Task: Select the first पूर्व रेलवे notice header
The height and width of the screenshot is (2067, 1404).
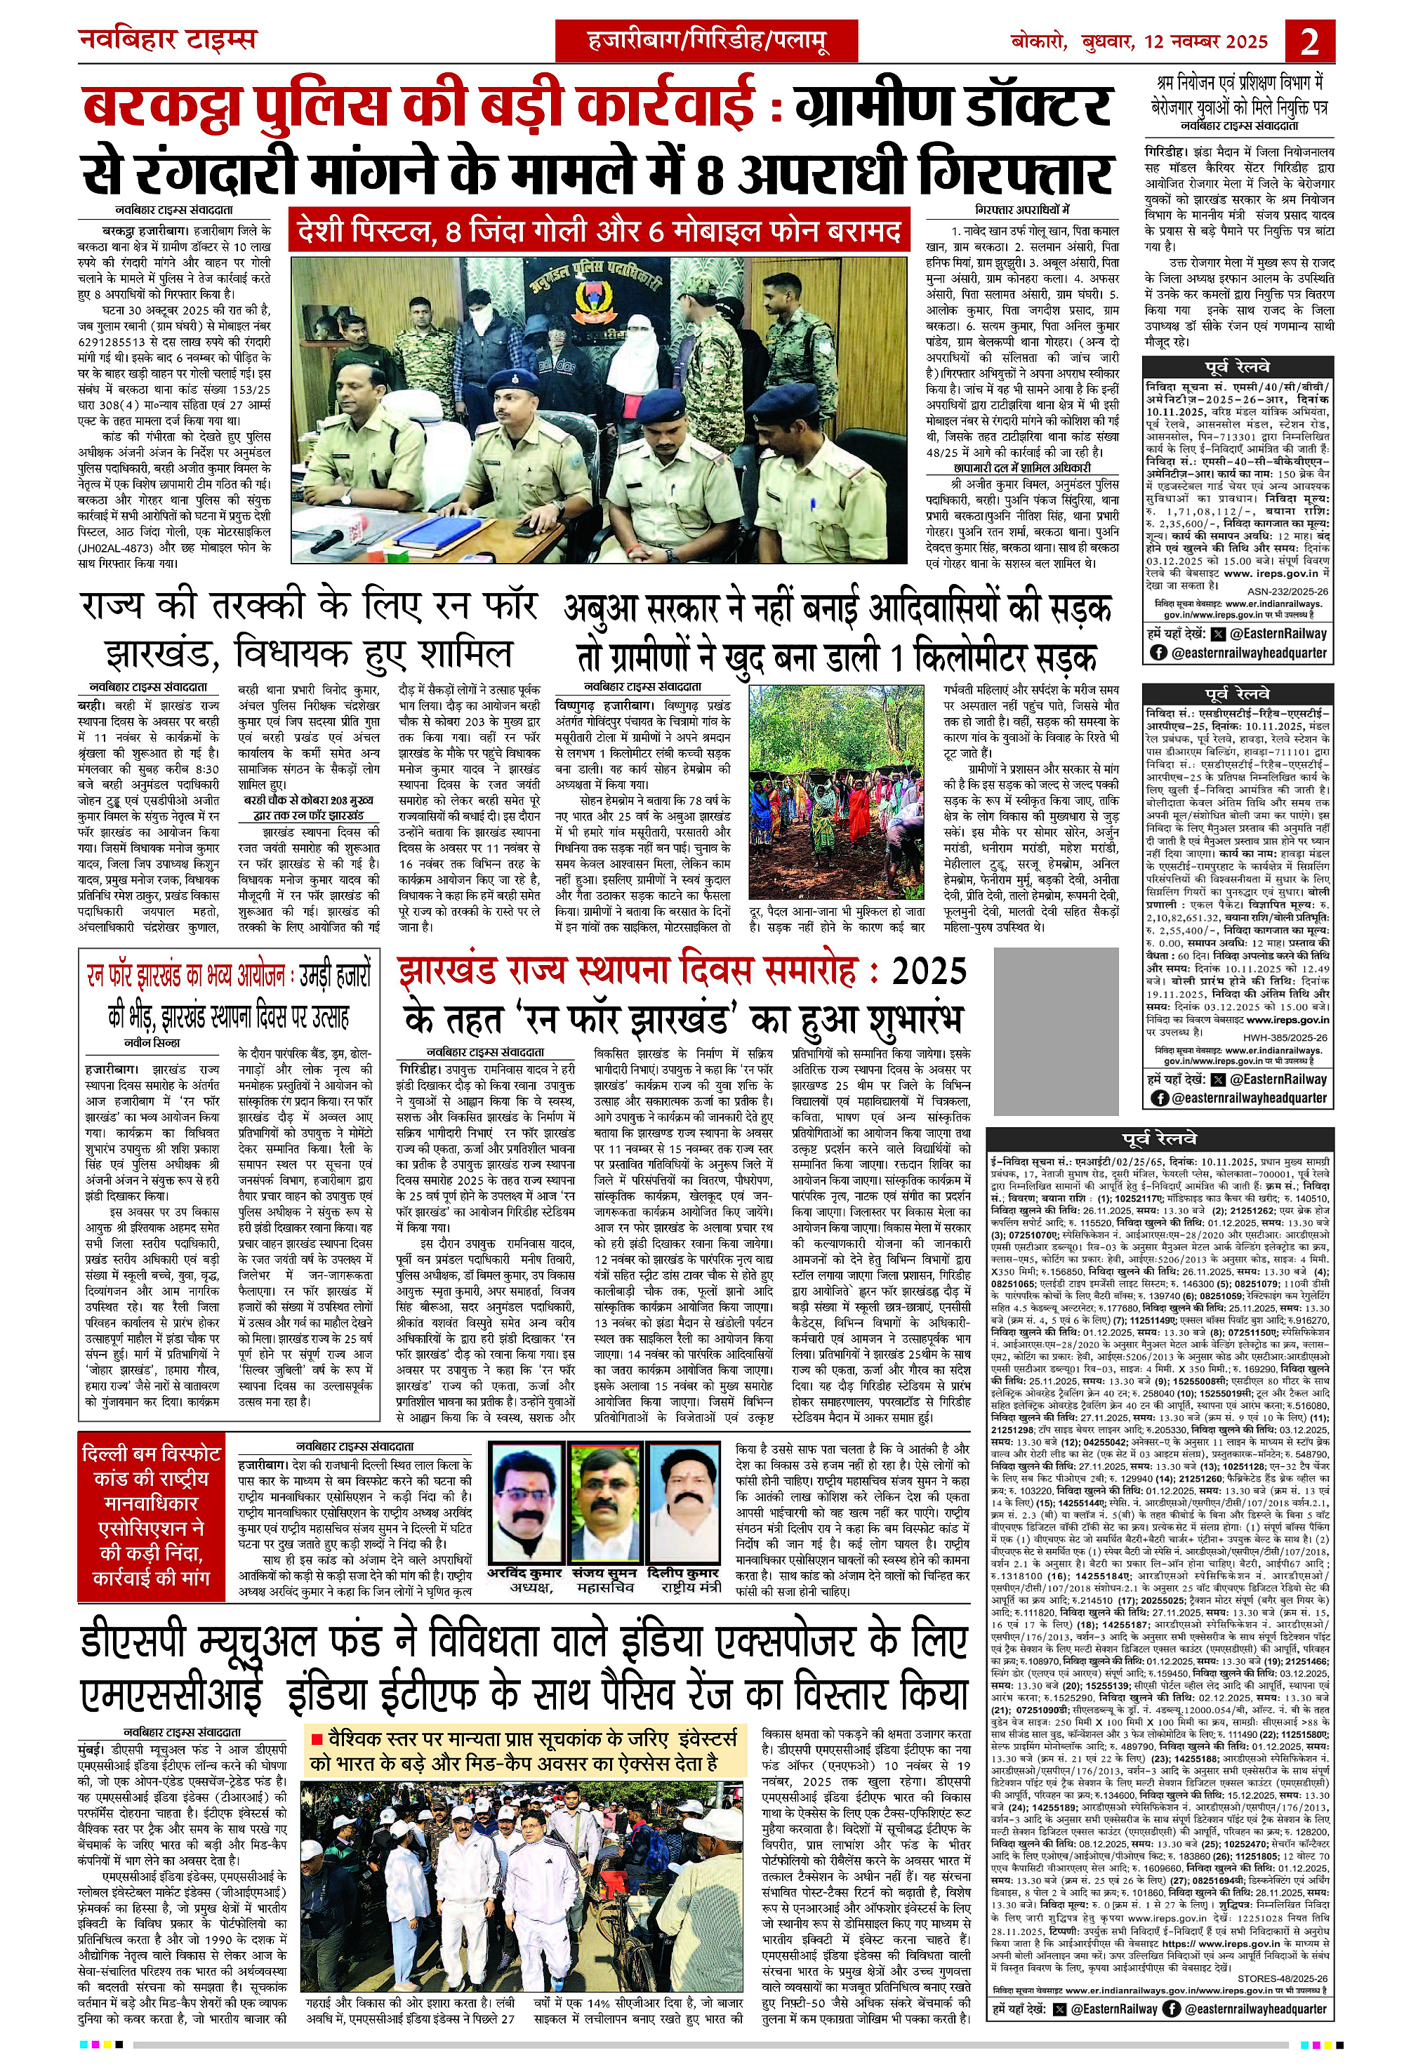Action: pyautogui.click(x=1238, y=367)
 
